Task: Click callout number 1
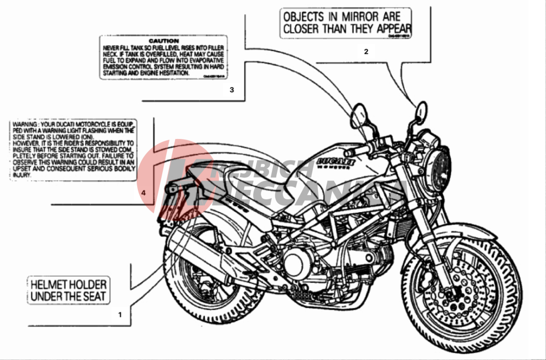tap(119, 314)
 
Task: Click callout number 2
tap(366, 52)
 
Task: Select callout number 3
tap(232, 89)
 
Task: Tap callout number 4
tap(143, 193)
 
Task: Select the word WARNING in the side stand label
tap(24, 124)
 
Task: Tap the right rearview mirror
tap(420, 111)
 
